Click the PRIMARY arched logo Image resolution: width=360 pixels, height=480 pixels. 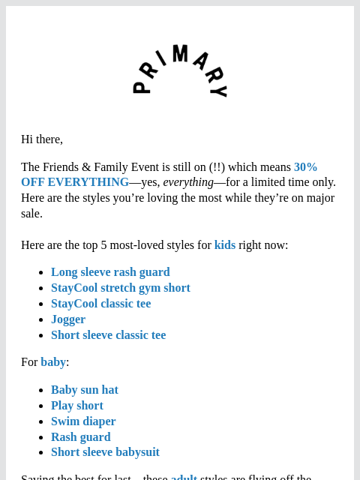[180, 71]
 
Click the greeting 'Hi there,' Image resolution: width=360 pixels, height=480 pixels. [42, 139]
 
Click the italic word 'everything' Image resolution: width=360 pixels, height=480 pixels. [188, 182]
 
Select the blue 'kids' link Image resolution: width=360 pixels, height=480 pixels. [225, 245]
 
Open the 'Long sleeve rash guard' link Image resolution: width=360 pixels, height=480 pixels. [110, 272]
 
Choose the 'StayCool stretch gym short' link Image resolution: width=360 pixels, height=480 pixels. [120, 288]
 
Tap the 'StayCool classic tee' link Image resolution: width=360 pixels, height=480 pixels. [100, 304]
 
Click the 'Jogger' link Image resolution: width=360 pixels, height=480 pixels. [68, 319]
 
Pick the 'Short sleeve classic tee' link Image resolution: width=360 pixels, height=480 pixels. [108, 335]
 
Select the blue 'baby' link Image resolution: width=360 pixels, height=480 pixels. [53, 362]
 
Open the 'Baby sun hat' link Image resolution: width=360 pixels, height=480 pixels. [85, 390]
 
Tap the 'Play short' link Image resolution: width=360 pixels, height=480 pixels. [77, 406]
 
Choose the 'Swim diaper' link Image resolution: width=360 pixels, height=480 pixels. [83, 421]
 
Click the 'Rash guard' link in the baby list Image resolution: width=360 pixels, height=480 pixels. [80, 437]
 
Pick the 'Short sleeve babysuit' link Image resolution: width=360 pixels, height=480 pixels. [105, 452]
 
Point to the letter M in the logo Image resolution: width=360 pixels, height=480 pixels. [180, 53]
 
